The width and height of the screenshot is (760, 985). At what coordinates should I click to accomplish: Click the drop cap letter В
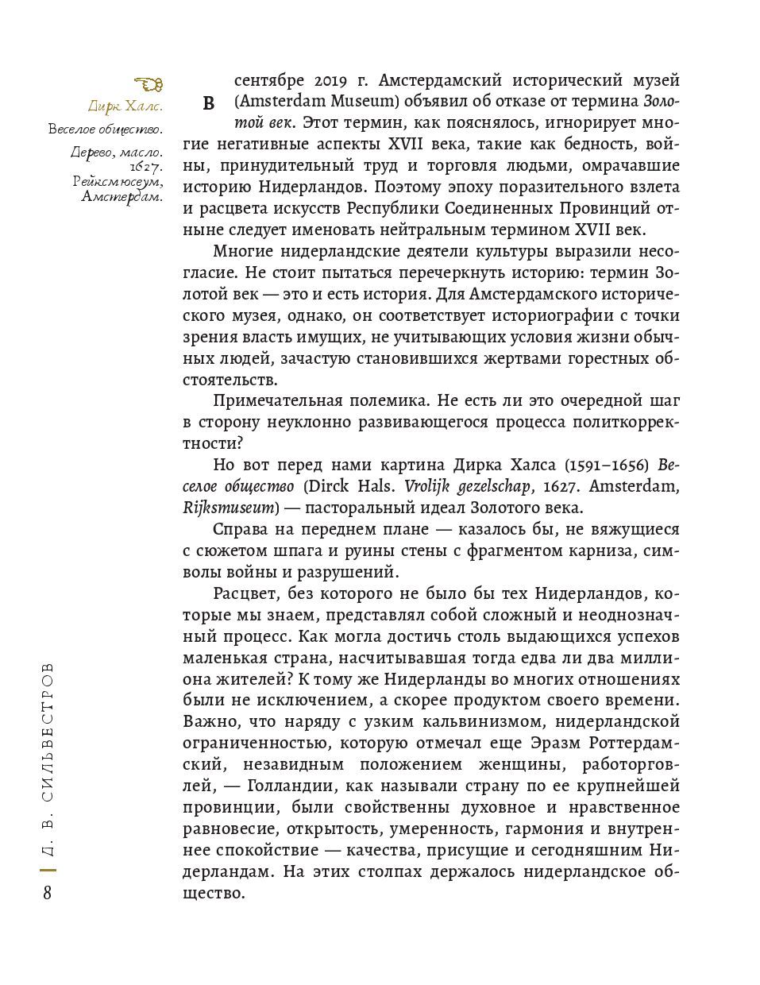tap(209, 103)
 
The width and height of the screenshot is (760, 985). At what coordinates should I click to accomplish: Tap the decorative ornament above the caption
tap(149, 83)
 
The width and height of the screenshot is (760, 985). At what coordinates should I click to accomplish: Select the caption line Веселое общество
tap(105, 129)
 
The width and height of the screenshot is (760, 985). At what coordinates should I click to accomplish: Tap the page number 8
tap(47, 893)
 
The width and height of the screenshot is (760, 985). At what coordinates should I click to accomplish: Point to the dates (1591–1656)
tap(611, 464)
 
